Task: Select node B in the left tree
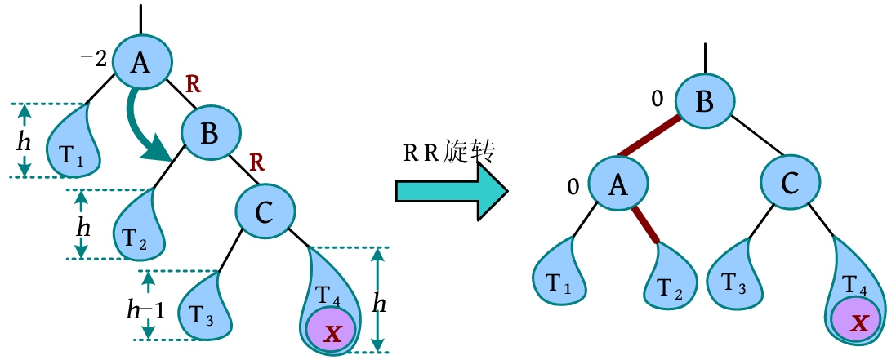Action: (209, 134)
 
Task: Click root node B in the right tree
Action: (703, 103)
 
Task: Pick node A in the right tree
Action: (617, 187)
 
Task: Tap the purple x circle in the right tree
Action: (857, 322)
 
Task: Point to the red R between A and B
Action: (194, 84)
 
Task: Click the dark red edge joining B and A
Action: (649, 136)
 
